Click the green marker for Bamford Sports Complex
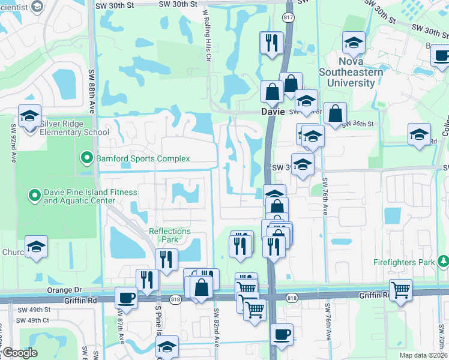(x=87, y=158)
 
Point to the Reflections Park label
(x=170, y=235)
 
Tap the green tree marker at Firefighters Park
(x=443, y=262)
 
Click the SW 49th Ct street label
(x=33, y=320)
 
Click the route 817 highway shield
(x=289, y=17)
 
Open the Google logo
(x=20, y=353)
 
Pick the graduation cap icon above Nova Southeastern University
(x=354, y=43)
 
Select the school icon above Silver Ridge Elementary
(x=29, y=116)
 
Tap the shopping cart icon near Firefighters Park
(x=400, y=290)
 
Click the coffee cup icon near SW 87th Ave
(x=126, y=298)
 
